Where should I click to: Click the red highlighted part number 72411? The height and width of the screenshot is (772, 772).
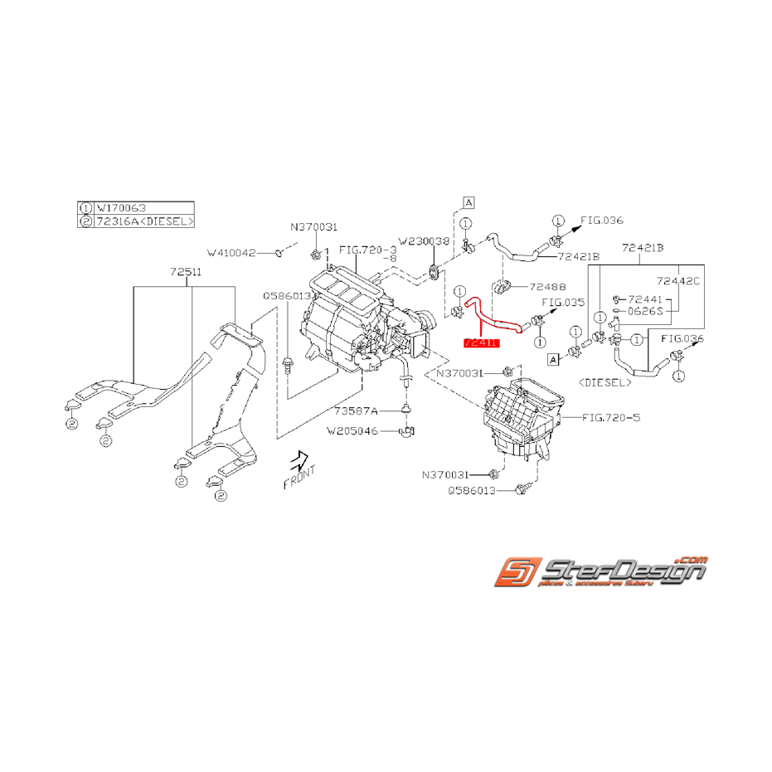(x=481, y=341)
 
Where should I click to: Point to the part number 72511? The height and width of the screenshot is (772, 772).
(x=187, y=271)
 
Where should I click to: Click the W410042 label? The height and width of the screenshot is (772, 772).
(x=232, y=252)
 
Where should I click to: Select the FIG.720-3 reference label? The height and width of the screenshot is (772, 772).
(x=367, y=248)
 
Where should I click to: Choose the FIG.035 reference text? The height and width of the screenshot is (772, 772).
(x=563, y=303)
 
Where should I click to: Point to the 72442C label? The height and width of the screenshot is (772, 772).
(x=677, y=281)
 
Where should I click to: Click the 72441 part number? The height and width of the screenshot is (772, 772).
(x=643, y=299)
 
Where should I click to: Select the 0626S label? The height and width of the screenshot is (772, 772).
(x=644, y=312)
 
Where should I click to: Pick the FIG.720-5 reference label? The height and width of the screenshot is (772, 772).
(x=611, y=417)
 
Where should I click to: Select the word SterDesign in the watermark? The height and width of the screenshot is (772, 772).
(x=622, y=571)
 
